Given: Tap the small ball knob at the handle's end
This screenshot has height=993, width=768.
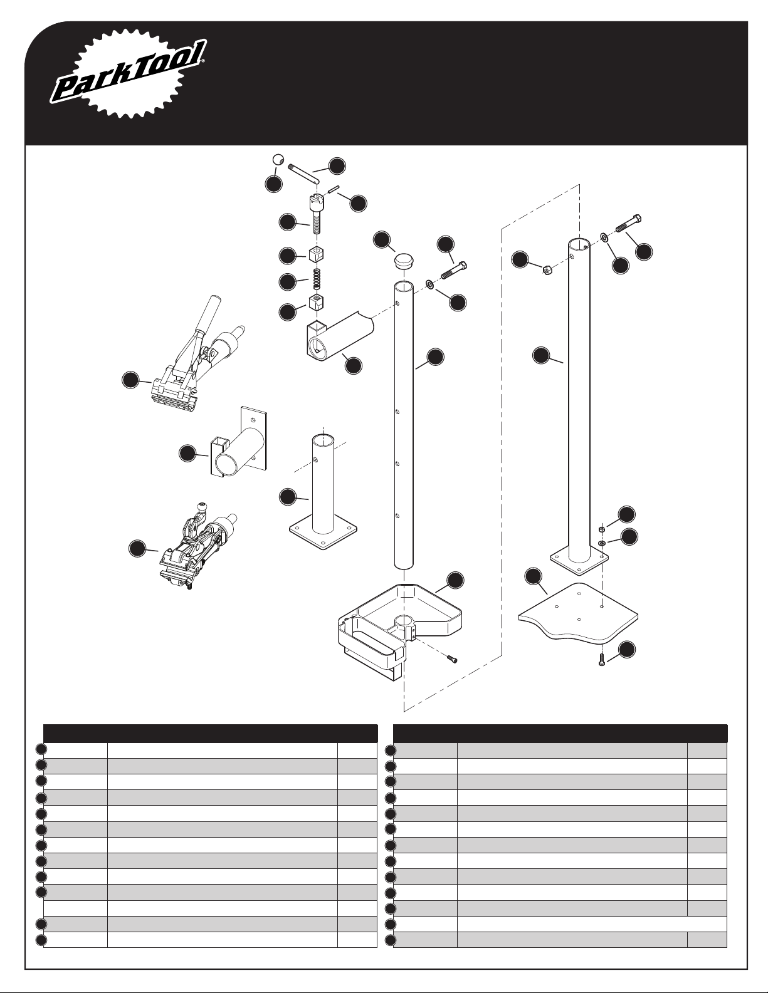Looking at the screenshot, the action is [278, 160].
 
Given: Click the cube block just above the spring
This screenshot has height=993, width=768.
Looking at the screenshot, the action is [317, 254].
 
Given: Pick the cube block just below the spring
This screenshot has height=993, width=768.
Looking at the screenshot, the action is [317, 303].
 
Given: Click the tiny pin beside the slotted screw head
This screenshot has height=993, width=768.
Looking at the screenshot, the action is [333, 189].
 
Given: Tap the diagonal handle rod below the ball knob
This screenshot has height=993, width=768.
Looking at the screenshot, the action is [303, 174].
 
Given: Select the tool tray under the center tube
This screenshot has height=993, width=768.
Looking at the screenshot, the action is [398, 632].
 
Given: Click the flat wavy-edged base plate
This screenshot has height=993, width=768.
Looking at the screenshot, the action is [578, 612].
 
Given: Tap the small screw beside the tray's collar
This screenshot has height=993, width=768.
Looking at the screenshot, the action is [451, 658].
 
